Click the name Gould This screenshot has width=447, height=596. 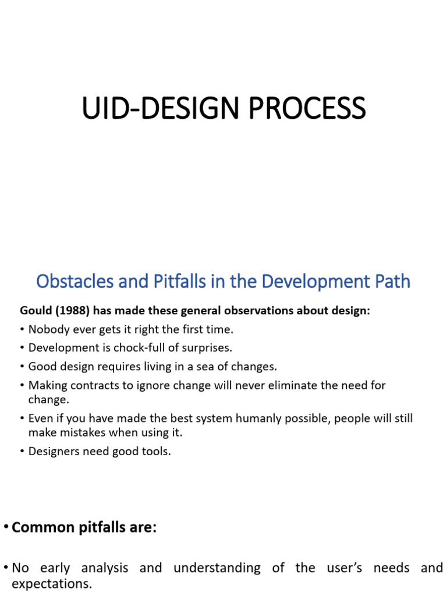click(37, 311)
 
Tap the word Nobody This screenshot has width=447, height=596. click(48, 329)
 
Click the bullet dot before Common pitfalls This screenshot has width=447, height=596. click(6, 527)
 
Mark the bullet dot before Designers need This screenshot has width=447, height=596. click(22, 452)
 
